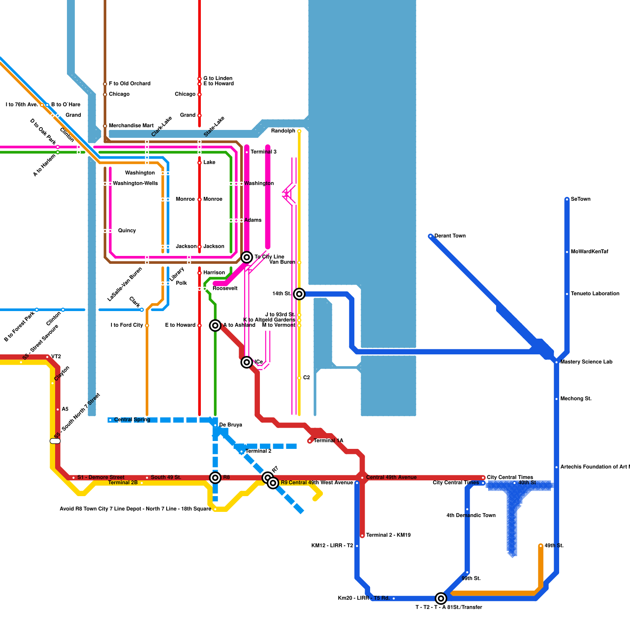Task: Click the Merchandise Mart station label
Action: coord(131,126)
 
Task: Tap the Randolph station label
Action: coord(283,131)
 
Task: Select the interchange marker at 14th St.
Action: coord(299,294)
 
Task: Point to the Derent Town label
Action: coord(450,236)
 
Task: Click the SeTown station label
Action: coord(580,199)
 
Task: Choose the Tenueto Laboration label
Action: coord(595,294)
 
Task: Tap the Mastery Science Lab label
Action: coord(586,362)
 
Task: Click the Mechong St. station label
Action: coord(576,399)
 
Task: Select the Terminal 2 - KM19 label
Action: coord(388,535)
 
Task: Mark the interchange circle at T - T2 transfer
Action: coord(441,598)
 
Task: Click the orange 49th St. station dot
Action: coord(541,546)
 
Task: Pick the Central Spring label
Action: coord(132,420)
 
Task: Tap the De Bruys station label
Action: coord(230,425)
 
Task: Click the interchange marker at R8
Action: coord(215,478)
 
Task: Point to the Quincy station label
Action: coord(127,231)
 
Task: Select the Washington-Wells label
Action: coord(135,183)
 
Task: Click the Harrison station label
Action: coord(214,273)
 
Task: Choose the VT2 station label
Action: coord(56,357)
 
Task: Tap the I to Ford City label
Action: coord(127,325)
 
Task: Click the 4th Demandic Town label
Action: coord(471,515)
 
